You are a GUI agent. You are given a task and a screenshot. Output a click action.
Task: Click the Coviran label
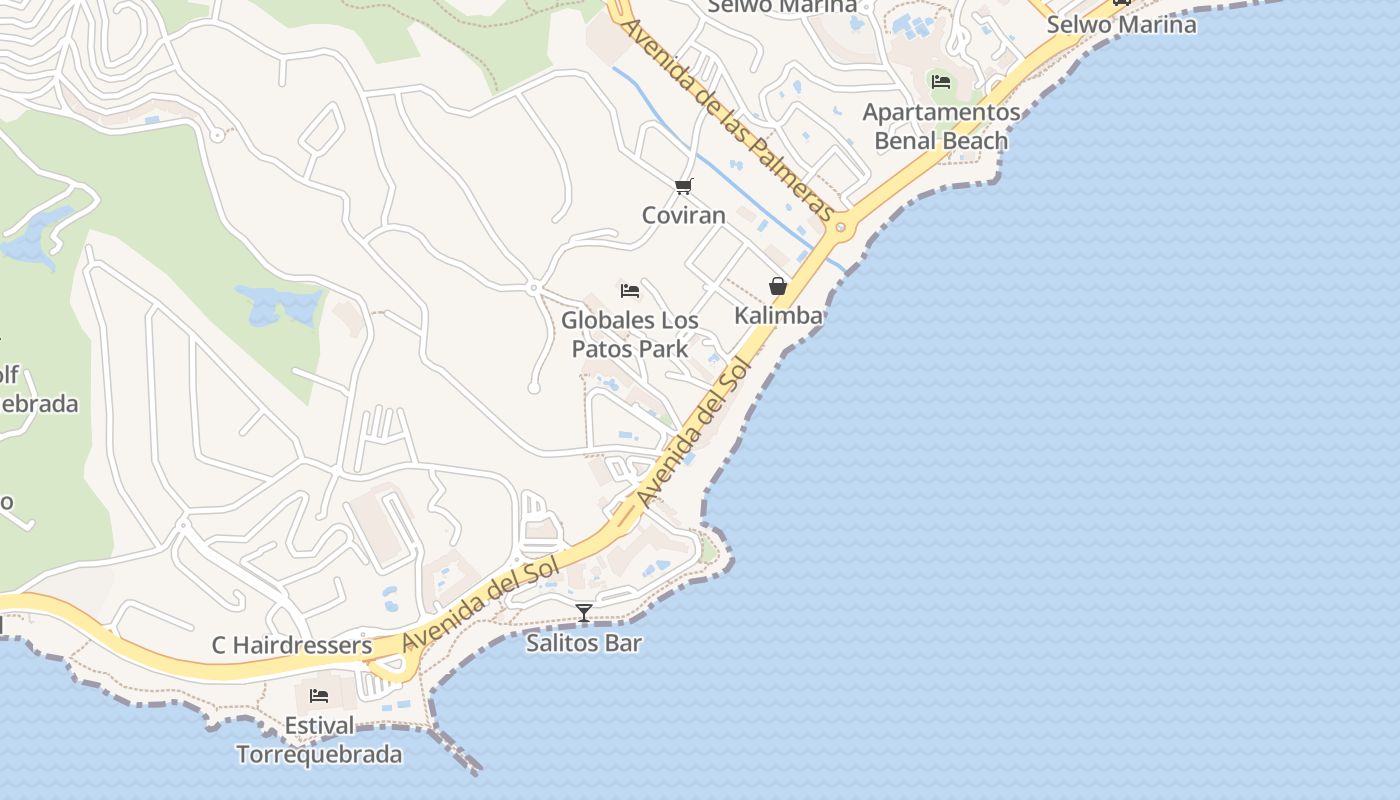(x=684, y=215)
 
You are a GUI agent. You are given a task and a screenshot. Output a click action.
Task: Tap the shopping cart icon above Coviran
(x=684, y=185)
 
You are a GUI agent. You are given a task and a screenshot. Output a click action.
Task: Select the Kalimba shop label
(x=778, y=316)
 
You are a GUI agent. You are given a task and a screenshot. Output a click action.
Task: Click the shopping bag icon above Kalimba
(x=778, y=286)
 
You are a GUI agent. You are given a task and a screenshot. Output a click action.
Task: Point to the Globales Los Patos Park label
(x=630, y=334)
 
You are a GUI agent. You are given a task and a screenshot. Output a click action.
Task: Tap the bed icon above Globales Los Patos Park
(x=630, y=291)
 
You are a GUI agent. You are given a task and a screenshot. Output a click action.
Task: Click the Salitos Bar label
(x=584, y=643)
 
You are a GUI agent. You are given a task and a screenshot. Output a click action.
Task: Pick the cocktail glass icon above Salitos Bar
(x=584, y=612)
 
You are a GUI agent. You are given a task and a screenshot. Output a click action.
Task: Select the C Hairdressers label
(x=292, y=646)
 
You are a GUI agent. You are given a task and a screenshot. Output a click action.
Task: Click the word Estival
(x=319, y=726)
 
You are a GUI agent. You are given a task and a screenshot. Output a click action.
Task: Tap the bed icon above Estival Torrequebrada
(x=319, y=695)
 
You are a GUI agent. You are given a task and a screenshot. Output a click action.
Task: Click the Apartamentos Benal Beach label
(x=941, y=126)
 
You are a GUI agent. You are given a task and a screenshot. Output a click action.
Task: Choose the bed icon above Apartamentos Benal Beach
(x=941, y=82)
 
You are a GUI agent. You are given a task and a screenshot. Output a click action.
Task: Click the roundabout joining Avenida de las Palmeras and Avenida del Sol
(x=840, y=227)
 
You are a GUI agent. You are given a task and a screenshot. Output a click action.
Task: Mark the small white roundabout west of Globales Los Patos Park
(x=534, y=288)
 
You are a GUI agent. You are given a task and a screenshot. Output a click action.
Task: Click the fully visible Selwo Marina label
(x=1121, y=24)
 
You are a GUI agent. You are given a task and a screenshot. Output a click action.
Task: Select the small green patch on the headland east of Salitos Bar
(x=709, y=550)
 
